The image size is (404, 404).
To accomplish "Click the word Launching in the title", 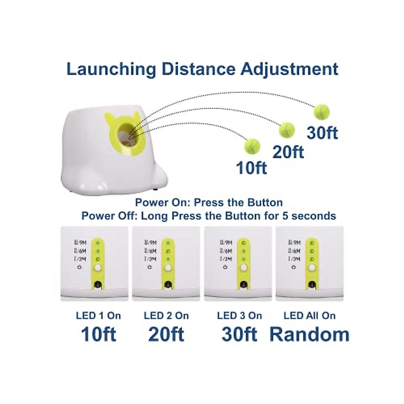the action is pyautogui.click(x=111, y=69).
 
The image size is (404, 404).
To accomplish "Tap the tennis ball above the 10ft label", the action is pyautogui.click(x=252, y=146).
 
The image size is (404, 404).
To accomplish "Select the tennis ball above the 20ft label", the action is pyautogui.click(x=287, y=130).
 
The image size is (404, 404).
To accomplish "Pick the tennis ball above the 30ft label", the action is pyautogui.click(x=322, y=112).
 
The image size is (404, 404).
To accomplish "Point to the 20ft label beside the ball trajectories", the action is pyautogui.click(x=288, y=152).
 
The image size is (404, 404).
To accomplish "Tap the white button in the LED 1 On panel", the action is pyautogui.click(x=98, y=268).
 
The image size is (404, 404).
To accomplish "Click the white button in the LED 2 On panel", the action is pyautogui.click(x=168, y=268).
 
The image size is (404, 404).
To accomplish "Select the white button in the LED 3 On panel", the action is pyautogui.click(x=243, y=268).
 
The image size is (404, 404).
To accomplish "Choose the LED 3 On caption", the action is pyautogui.click(x=239, y=315).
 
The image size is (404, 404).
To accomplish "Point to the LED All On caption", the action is pyautogui.click(x=309, y=315).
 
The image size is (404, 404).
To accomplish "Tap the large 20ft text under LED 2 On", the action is pyautogui.click(x=166, y=334).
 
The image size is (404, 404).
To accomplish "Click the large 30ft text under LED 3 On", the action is pyautogui.click(x=239, y=334).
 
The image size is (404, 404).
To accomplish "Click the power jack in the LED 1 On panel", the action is pyautogui.click(x=98, y=284).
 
